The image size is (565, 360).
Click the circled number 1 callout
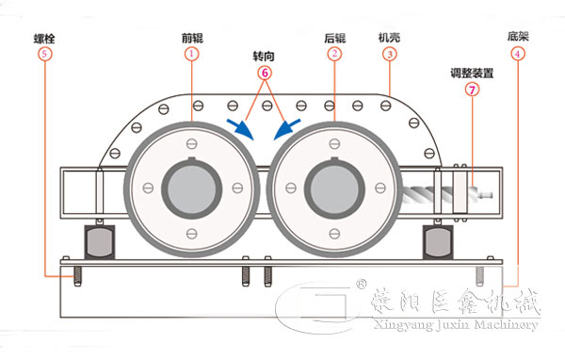[x=192, y=55]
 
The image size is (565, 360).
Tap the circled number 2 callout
[x=334, y=55]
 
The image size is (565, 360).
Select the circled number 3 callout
[x=389, y=55]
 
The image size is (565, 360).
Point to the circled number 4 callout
[x=517, y=55]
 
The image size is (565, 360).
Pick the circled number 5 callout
[x=46, y=55]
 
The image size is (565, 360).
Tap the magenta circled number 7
[x=472, y=90]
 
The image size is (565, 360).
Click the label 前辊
[x=192, y=39]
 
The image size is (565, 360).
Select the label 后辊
[x=334, y=39]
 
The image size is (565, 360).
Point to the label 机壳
[x=389, y=39]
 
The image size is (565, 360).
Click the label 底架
[x=517, y=39]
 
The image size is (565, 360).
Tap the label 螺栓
[x=45, y=39]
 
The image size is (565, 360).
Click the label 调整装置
[x=472, y=74]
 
